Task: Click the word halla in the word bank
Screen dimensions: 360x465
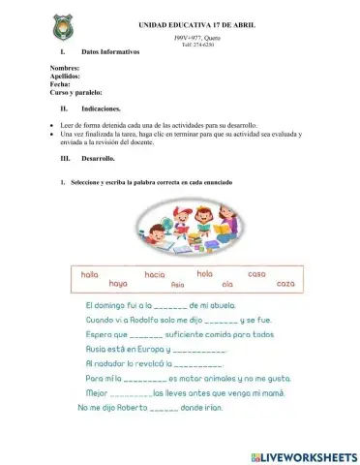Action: (x=90, y=274)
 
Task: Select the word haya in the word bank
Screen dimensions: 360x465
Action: (x=118, y=284)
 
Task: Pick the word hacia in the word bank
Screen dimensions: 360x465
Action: (x=155, y=275)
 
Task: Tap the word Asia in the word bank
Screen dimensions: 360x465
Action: (x=176, y=286)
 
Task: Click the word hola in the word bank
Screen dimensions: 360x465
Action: (x=204, y=274)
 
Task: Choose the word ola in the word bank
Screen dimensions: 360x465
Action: (x=227, y=284)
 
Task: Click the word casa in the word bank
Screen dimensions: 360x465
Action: (x=256, y=274)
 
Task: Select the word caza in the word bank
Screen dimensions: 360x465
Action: (x=285, y=284)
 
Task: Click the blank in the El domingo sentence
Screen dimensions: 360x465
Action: (x=160, y=306)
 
